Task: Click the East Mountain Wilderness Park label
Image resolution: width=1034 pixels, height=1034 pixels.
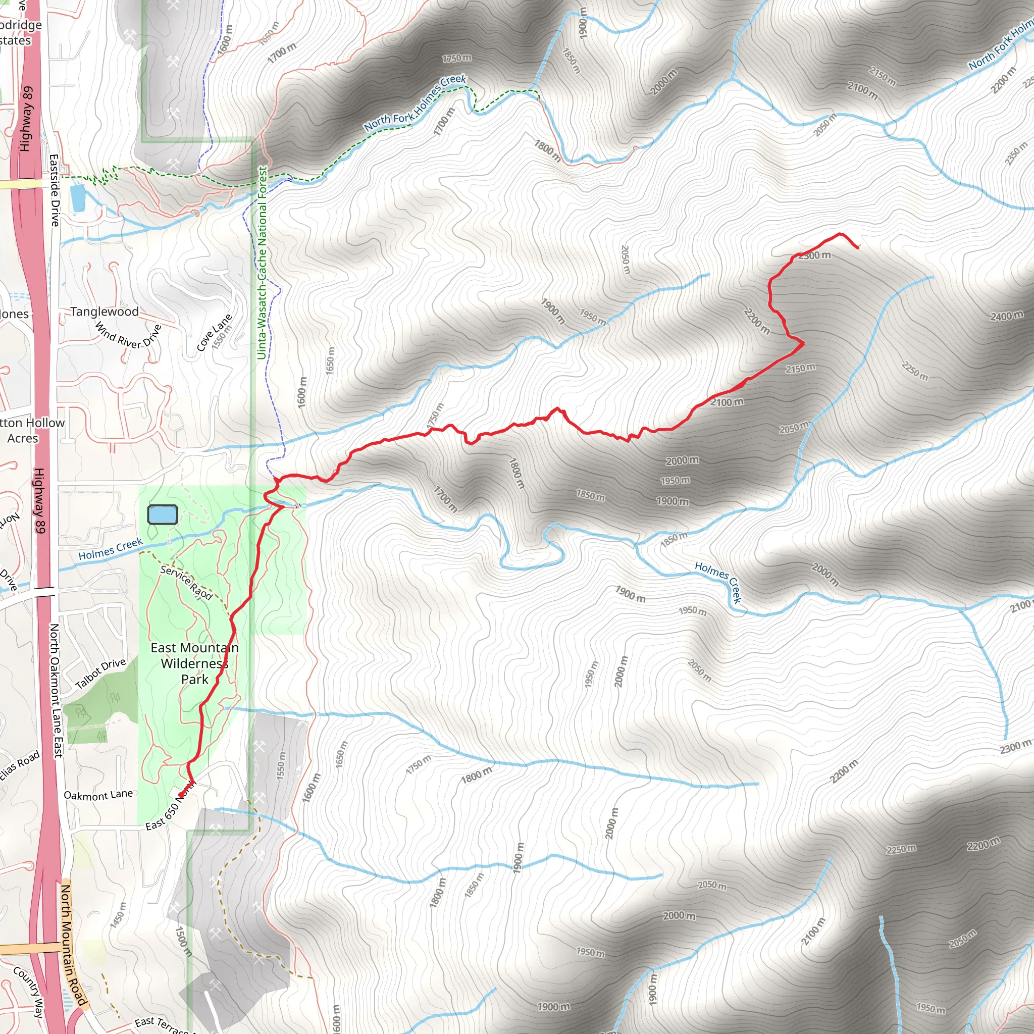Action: pyautogui.click(x=194, y=663)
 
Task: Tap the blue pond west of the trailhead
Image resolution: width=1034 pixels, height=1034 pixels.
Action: pyautogui.click(x=162, y=515)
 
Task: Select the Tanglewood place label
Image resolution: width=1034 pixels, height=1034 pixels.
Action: pyautogui.click(x=105, y=312)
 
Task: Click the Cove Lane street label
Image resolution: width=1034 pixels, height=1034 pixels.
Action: pyautogui.click(x=214, y=332)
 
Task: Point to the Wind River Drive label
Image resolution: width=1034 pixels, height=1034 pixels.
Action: pyautogui.click(x=128, y=336)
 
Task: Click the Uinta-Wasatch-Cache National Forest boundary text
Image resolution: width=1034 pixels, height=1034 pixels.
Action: pyautogui.click(x=262, y=263)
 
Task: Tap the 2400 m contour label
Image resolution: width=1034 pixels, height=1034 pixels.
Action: pyautogui.click(x=1006, y=316)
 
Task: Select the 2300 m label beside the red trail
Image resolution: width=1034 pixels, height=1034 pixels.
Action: pyautogui.click(x=814, y=256)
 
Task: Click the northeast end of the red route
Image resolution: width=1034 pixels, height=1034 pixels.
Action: pyautogui.click(x=858, y=247)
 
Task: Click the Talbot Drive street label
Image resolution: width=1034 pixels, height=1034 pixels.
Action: pyautogui.click(x=100, y=674)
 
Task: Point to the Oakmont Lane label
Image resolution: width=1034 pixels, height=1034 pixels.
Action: pyautogui.click(x=98, y=795)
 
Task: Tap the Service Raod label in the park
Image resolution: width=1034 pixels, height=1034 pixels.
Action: pyautogui.click(x=186, y=583)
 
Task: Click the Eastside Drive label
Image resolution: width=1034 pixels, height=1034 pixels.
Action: pyautogui.click(x=54, y=190)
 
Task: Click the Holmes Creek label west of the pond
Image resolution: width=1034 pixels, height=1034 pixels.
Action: pyautogui.click(x=110, y=549)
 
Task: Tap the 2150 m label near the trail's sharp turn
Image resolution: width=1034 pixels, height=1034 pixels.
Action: pyautogui.click(x=801, y=368)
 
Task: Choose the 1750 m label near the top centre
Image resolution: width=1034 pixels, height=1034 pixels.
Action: pyautogui.click(x=456, y=58)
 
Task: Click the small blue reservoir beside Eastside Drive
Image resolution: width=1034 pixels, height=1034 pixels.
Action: pyautogui.click(x=77, y=197)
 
